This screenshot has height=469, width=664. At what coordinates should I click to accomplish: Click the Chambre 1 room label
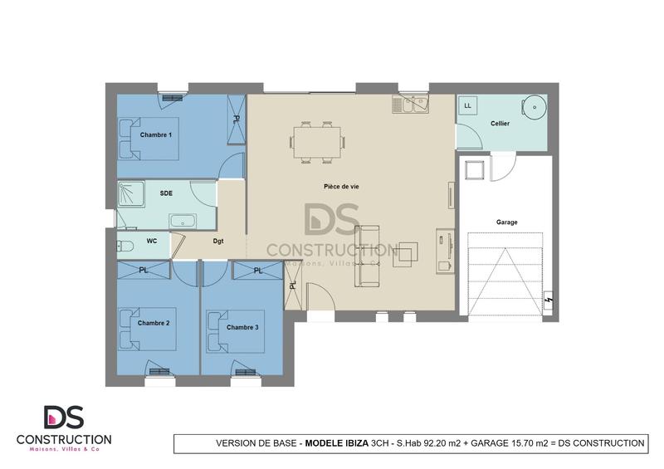(x=155, y=134)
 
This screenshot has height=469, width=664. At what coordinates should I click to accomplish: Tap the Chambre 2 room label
(x=154, y=323)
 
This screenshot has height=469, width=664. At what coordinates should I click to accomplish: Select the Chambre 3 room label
(x=242, y=327)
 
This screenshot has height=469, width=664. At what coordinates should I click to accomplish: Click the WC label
(x=151, y=241)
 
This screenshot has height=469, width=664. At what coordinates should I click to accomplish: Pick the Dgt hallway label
(x=218, y=242)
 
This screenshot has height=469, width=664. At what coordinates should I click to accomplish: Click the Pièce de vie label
(x=341, y=187)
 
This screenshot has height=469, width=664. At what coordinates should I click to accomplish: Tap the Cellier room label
(x=500, y=123)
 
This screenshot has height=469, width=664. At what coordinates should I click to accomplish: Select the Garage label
(x=506, y=222)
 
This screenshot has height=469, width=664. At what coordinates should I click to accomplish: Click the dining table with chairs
(x=317, y=141)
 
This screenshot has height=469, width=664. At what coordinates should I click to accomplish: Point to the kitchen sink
(x=409, y=105)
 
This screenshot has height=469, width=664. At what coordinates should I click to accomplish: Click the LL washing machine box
(x=468, y=106)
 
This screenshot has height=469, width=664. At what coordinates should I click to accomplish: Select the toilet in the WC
(x=124, y=245)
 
